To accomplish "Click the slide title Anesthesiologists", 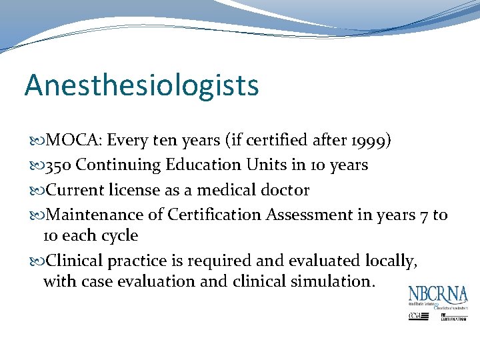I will (141, 85).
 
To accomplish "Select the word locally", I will (391, 260).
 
